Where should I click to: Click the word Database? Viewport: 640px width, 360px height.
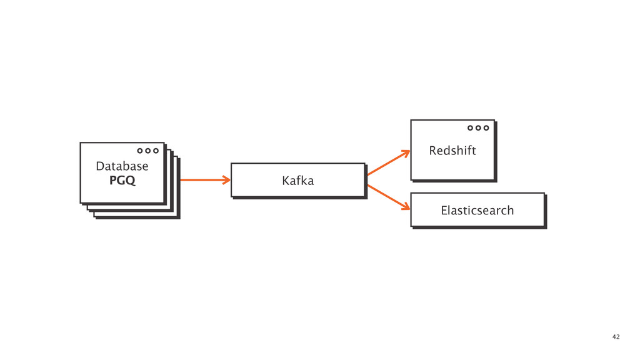pos(122,167)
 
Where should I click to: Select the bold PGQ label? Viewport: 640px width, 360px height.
pos(122,181)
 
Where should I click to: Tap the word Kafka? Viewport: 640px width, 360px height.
pos(297,181)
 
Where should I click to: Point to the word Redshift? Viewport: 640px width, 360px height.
pos(452,151)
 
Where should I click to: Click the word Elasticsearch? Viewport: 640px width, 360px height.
pos(477,211)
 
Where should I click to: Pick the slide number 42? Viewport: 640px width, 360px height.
pos(616,337)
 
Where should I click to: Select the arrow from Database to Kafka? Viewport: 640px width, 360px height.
pos(204,180)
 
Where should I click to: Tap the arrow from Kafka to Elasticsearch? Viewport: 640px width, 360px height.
pos(387,197)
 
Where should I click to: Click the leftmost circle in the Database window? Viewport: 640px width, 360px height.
pos(141,151)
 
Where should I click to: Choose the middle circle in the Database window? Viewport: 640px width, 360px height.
pos(148,151)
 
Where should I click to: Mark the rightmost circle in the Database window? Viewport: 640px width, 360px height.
pos(156,151)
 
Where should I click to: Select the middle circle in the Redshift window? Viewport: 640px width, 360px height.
pos(478,127)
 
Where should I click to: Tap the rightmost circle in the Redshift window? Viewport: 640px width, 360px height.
pos(486,127)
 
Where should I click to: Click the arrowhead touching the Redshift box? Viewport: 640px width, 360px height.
pos(407,152)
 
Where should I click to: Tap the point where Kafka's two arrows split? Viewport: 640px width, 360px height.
pos(367,180)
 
